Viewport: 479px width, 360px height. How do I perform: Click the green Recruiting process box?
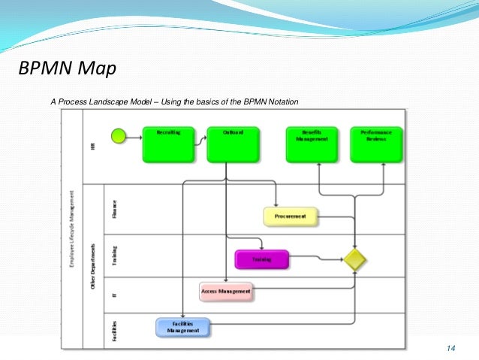point(168,144)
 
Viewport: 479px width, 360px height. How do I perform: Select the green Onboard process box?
point(233,144)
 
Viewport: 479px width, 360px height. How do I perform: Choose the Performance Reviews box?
point(377,144)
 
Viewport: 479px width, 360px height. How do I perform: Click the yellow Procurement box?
point(291,216)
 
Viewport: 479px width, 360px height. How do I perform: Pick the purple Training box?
point(262,259)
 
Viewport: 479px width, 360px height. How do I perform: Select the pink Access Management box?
point(226,291)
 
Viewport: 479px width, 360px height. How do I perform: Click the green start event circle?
point(119,136)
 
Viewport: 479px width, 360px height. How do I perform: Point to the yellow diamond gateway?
point(355,259)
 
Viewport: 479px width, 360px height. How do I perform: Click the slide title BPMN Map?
point(67,70)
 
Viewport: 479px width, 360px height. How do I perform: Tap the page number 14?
point(450,348)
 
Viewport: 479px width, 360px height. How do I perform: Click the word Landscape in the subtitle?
point(122,101)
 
